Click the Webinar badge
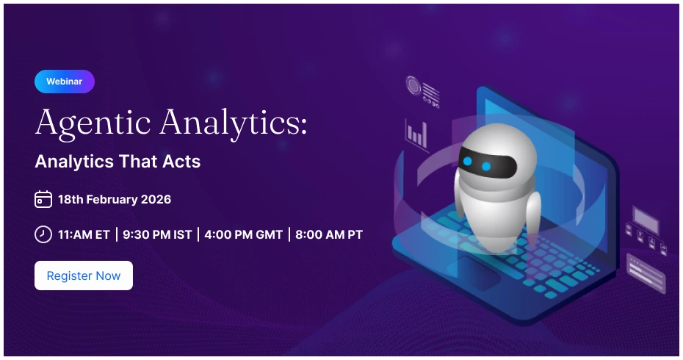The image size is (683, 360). [65, 82]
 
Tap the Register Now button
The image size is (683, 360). [84, 276]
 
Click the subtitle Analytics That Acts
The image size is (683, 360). [118, 162]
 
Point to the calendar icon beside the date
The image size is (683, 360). [43, 199]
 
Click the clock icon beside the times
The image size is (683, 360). [43, 234]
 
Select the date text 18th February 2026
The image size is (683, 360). [115, 199]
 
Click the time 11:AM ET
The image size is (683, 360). [84, 235]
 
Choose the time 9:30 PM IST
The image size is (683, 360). [157, 235]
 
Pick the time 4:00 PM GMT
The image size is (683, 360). [243, 235]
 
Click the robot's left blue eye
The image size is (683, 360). [467, 162]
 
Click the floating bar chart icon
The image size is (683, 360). [416, 134]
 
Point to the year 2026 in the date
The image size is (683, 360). [157, 199]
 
